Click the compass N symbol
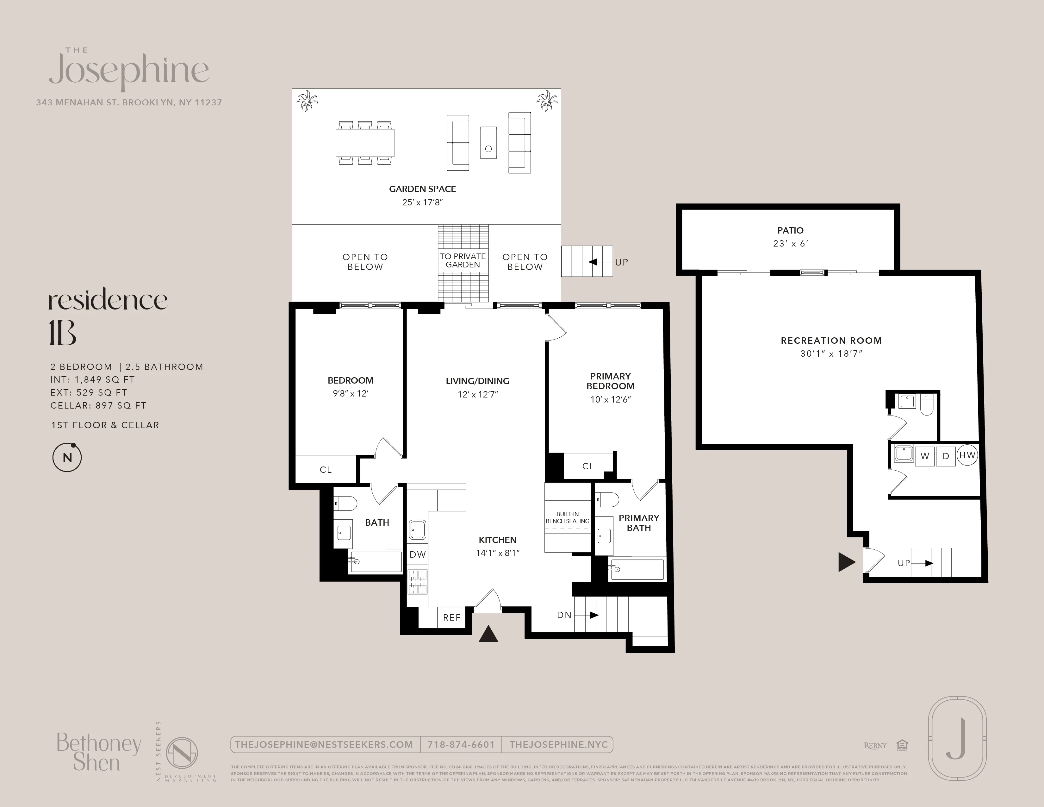[x=67, y=458]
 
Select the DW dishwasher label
[x=418, y=554]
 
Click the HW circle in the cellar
[x=967, y=455]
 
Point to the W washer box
[x=925, y=456]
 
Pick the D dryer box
[x=946, y=456]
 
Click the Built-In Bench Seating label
[x=568, y=518]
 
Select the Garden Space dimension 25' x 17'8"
[x=423, y=202]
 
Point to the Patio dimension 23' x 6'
[x=790, y=243]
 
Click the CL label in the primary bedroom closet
[x=588, y=466]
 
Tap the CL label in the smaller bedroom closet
[x=326, y=469]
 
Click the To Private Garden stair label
[x=463, y=260]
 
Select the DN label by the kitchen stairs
[x=564, y=615]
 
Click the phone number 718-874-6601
[x=461, y=744]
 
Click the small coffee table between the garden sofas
[x=488, y=142]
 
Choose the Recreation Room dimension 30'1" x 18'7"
[x=831, y=354]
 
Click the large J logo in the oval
[x=956, y=739]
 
